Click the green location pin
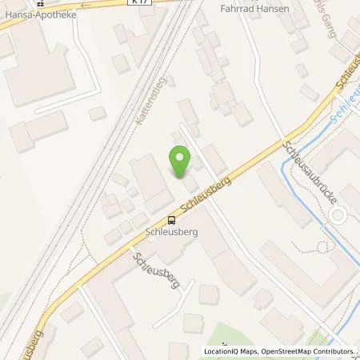click(x=181, y=163)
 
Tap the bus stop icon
click(x=170, y=220)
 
